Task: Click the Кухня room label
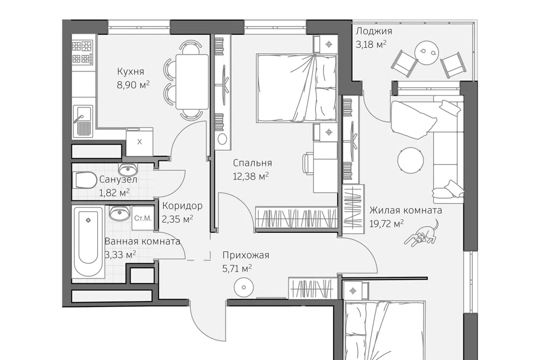(x=130, y=71)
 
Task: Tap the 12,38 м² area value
(x=251, y=177)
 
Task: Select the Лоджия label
(x=373, y=31)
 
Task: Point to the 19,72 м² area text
(x=386, y=224)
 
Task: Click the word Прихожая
(x=246, y=255)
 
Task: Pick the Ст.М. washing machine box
(x=142, y=218)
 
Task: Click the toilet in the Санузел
(x=85, y=181)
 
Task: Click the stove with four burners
(x=83, y=53)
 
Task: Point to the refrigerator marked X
(x=139, y=142)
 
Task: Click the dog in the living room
(x=421, y=235)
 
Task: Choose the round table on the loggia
(x=427, y=53)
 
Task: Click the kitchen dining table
(x=192, y=82)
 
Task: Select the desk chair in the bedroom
(x=308, y=163)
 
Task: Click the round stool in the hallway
(x=244, y=287)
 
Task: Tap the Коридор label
(x=182, y=206)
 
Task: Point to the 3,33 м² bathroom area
(x=120, y=255)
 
